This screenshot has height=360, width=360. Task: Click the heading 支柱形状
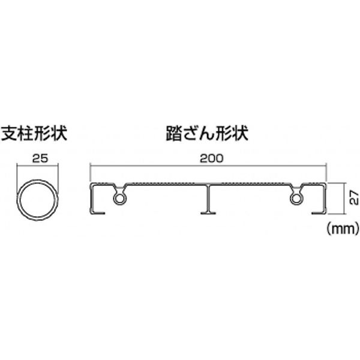pyautogui.click(x=34, y=133)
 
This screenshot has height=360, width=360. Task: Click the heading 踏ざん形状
pyautogui.click(x=207, y=133)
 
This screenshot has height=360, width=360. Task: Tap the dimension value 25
pyautogui.click(x=40, y=158)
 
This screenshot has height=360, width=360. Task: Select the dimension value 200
pyautogui.click(x=211, y=158)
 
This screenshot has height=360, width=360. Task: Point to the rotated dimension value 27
pyautogui.click(x=354, y=197)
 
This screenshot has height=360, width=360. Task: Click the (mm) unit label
pyautogui.click(x=343, y=229)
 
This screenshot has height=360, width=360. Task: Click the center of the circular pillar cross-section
pyautogui.click(x=37, y=200)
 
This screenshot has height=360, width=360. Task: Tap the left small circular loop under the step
pyautogui.click(x=119, y=198)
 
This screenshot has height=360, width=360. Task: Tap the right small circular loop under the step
pyautogui.click(x=296, y=198)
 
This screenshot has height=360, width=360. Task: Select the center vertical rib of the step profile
pyautogui.click(x=208, y=198)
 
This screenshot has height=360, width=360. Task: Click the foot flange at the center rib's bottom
pyautogui.click(x=208, y=213)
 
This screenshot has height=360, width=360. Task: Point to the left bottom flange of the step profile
pyautogui.click(x=98, y=213)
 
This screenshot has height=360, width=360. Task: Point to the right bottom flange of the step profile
pyautogui.click(x=319, y=213)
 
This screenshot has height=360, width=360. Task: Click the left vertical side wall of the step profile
pyautogui.click(x=91, y=198)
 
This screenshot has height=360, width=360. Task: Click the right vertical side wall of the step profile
pyautogui.click(x=325, y=198)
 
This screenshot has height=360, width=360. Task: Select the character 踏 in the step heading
pyautogui.click(x=174, y=133)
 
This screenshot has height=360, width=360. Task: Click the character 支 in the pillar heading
pyautogui.click(x=9, y=133)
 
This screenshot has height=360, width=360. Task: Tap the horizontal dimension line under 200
pyautogui.click(x=208, y=164)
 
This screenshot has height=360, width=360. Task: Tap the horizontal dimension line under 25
pyautogui.click(x=38, y=164)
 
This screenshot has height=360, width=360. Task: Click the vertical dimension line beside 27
pyautogui.click(x=344, y=199)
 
